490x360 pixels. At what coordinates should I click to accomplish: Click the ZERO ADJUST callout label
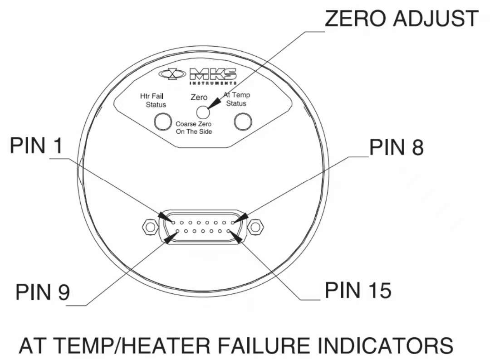click(x=402, y=19)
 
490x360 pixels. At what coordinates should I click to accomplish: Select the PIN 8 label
click(x=397, y=147)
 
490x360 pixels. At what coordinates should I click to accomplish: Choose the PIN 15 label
click(x=358, y=291)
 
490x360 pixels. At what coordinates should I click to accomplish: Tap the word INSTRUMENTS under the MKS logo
click(x=212, y=83)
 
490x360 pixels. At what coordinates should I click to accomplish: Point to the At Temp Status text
click(x=236, y=99)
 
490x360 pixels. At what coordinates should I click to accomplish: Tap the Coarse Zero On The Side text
click(x=194, y=127)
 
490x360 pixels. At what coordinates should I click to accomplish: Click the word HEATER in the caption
click(x=167, y=345)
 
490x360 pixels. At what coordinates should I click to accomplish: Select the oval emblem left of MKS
click(x=172, y=74)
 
